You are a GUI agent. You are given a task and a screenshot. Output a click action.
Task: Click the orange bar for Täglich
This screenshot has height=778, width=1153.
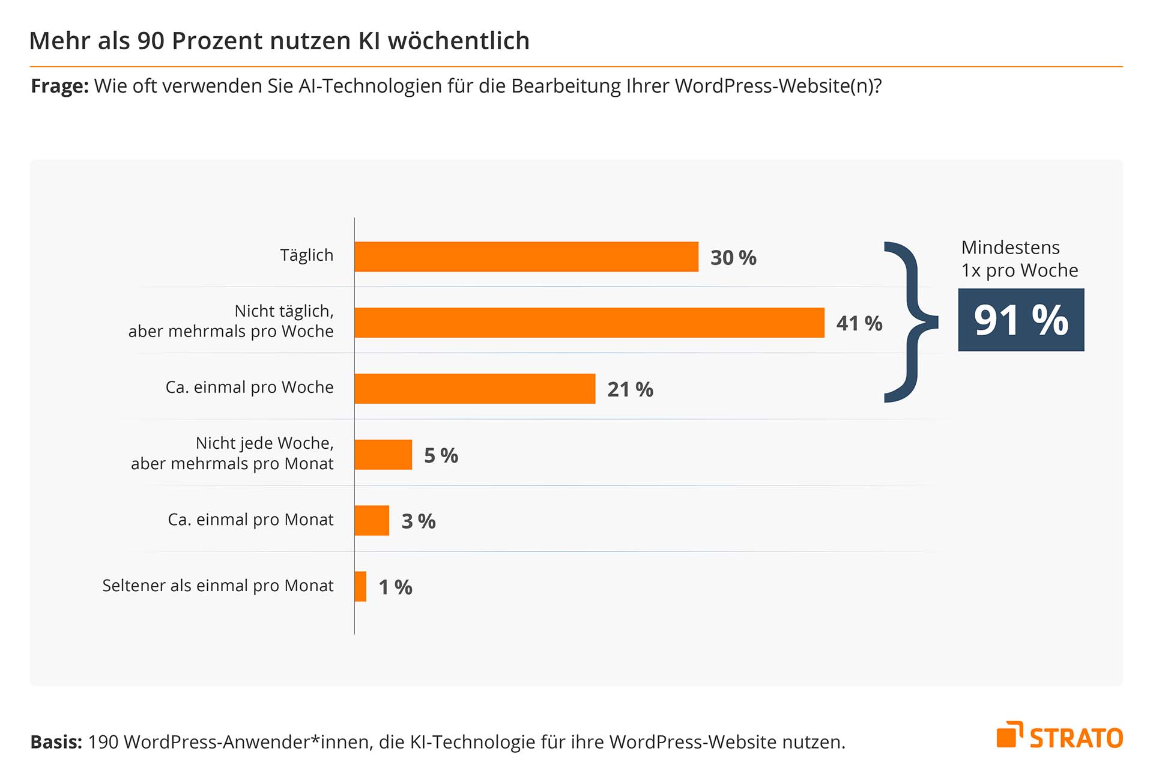(x=526, y=257)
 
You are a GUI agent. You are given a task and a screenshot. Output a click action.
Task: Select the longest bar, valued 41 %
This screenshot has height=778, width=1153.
(x=589, y=323)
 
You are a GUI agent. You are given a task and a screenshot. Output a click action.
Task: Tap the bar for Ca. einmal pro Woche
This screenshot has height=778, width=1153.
(x=474, y=389)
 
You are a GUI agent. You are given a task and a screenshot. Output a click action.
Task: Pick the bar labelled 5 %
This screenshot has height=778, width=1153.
(x=383, y=455)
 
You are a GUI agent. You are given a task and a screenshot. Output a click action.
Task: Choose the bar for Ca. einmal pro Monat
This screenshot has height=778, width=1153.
(x=372, y=520)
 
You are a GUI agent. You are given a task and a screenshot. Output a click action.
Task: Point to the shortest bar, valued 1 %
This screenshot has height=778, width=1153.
(x=360, y=586)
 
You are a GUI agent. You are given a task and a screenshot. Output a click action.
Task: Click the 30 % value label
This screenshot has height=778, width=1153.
(x=733, y=258)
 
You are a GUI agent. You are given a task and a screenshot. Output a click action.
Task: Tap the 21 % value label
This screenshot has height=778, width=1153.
(x=630, y=389)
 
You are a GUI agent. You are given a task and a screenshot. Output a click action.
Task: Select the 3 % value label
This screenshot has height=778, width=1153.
(x=419, y=521)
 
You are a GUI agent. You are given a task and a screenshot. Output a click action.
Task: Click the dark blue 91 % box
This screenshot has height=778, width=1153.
(x=1021, y=320)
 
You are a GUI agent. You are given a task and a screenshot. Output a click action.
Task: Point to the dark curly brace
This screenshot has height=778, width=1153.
(x=909, y=321)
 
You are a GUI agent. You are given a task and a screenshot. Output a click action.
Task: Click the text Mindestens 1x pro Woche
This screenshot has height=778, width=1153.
(x=1019, y=259)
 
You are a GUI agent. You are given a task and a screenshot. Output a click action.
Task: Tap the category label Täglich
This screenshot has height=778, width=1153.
(x=306, y=255)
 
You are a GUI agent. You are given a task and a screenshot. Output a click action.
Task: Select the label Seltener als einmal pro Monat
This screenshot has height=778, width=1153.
(x=217, y=586)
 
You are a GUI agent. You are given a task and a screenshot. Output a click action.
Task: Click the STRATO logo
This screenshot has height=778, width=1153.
(x=1059, y=736)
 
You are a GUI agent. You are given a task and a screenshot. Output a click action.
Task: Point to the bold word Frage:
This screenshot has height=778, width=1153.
(x=59, y=87)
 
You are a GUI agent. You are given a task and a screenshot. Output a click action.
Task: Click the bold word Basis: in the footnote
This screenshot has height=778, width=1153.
(x=56, y=743)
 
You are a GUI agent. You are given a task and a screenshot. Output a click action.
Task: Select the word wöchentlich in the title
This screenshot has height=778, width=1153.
(x=458, y=41)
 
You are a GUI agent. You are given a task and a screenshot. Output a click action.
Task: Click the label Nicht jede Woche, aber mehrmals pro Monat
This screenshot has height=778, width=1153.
(x=232, y=454)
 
